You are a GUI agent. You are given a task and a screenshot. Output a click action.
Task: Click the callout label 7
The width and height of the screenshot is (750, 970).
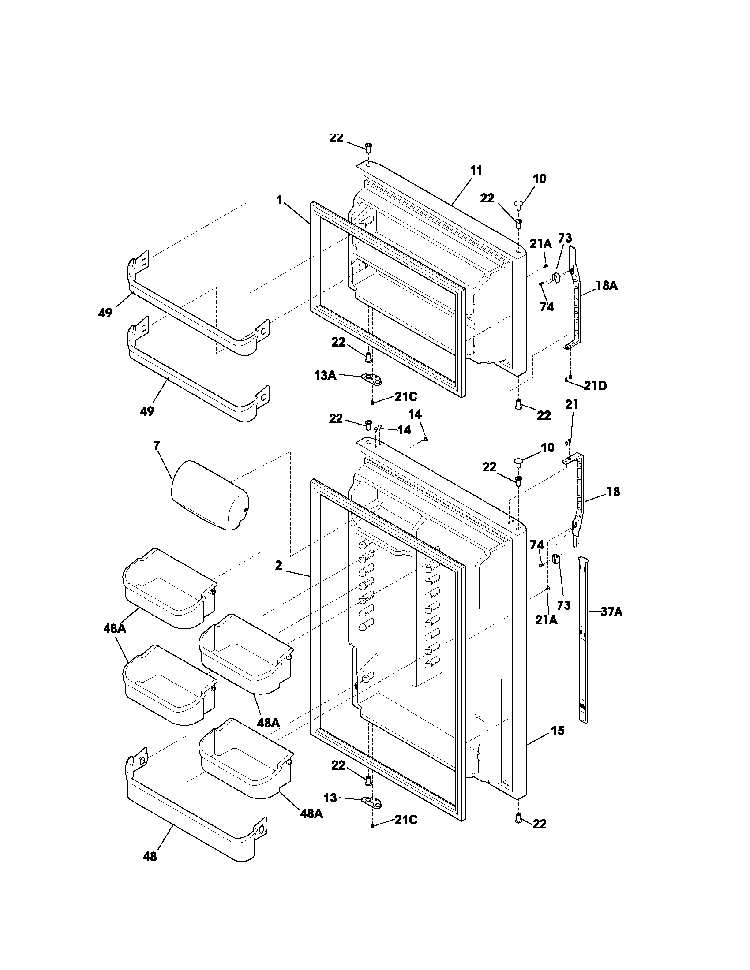click(157, 445)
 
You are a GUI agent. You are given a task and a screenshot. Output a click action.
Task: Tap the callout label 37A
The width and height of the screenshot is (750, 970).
click(611, 612)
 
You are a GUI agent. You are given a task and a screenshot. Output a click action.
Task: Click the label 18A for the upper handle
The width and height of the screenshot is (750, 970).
click(607, 286)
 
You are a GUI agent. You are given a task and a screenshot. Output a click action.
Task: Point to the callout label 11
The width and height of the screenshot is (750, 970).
click(476, 171)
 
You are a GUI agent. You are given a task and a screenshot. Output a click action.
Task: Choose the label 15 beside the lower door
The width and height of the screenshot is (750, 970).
click(558, 730)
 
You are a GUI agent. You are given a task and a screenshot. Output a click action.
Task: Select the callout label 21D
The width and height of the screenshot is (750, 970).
click(596, 385)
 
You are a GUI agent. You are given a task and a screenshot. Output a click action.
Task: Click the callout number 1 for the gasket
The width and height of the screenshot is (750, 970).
click(279, 200)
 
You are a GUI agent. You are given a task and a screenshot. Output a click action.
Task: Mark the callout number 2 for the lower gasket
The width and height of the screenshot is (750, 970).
click(278, 565)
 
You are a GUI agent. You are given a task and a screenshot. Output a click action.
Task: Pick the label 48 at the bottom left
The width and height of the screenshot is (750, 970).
click(150, 856)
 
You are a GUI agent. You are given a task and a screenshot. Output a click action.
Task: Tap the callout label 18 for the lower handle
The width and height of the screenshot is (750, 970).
click(613, 492)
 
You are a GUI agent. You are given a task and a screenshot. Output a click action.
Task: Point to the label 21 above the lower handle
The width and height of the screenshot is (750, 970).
click(572, 404)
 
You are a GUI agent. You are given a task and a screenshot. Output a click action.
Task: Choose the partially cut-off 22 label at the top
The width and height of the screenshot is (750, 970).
click(336, 138)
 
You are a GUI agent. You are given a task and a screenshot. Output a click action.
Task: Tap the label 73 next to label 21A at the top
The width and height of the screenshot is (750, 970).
click(565, 238)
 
